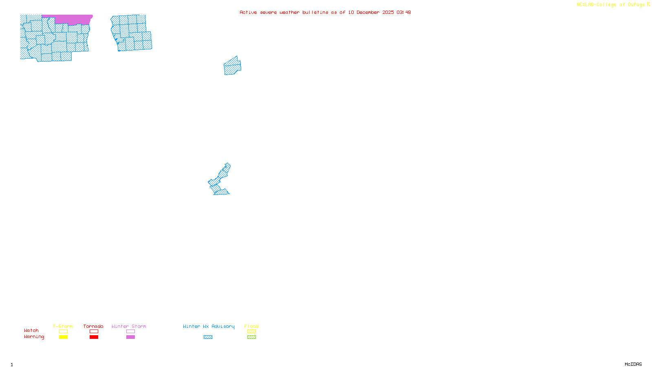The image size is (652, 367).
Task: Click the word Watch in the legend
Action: pos(31,330)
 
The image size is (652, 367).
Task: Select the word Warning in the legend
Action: pos(34,337)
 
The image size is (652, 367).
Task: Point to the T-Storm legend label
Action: pos(63,326)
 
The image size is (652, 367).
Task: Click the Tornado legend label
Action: pos(93,326)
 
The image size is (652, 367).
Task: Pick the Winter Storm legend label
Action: pos(129,326)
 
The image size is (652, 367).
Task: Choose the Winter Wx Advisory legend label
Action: pos(209,326)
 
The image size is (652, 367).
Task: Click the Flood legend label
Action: pos(251,326)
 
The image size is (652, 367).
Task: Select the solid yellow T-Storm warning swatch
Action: pos(63,337)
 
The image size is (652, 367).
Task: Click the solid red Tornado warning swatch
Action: pos(94,337)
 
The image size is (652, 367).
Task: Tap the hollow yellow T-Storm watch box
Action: pos(63,332)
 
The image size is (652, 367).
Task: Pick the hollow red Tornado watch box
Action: pos(94,332)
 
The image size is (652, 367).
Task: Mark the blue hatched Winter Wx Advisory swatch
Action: pos(208,337)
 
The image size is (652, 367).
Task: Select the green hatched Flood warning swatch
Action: pos(251,337)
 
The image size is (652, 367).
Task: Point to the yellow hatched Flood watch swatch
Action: pos(251,332)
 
